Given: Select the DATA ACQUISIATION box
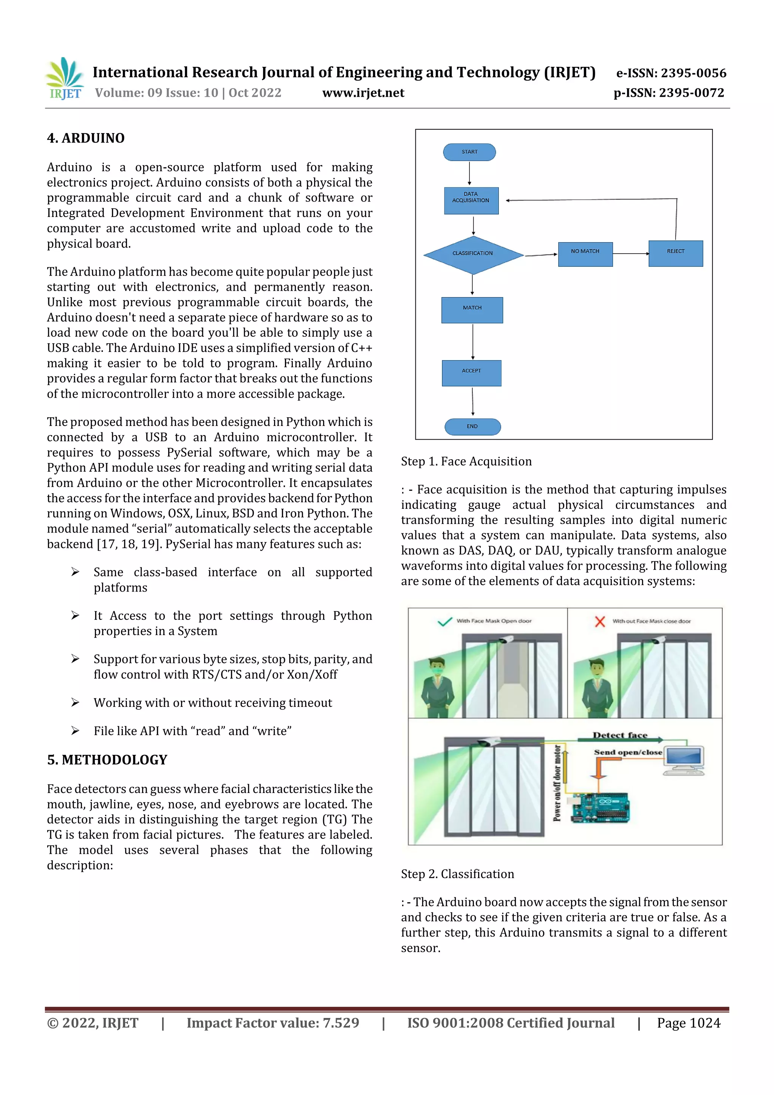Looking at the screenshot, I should (471, 200).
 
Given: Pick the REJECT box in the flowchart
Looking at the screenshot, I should (675, 253).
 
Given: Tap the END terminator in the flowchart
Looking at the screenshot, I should (472, 426).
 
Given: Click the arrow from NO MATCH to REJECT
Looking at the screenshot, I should (630, 253).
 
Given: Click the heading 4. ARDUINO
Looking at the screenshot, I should (86, 138).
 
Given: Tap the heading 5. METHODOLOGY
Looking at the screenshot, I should (107, 760).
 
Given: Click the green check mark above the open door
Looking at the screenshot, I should (444, 621).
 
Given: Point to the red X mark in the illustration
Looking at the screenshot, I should (600, 621).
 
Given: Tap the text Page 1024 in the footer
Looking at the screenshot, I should (688, 1023).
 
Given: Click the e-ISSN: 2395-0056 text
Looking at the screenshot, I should (671, 73).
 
